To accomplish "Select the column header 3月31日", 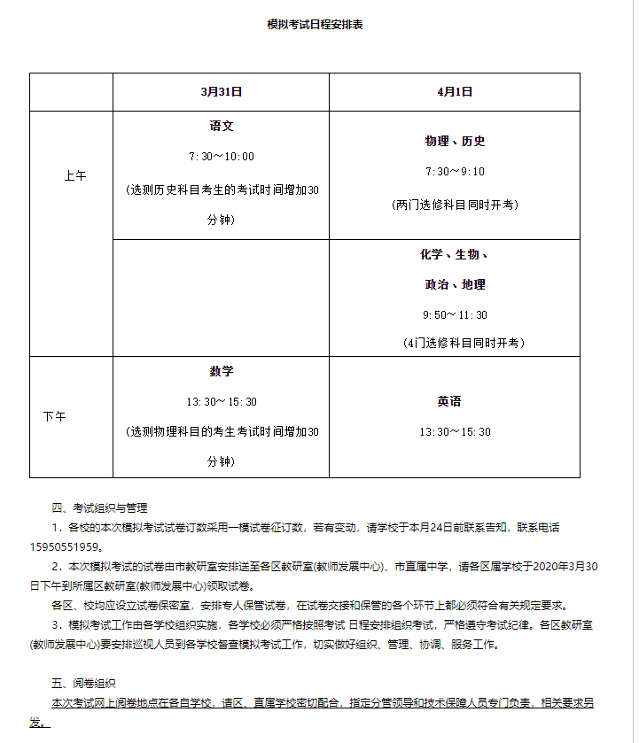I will [221, 91].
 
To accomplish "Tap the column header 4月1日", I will [454, 91].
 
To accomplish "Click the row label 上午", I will [74, 175].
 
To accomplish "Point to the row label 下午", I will [54, 416].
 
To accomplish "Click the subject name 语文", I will [221, 127].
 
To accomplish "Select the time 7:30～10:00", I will [221, 157].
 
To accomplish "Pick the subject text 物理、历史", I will [455, 141].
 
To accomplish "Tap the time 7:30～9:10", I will [455, 172].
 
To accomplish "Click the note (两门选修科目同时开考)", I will [455, 205].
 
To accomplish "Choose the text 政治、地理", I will [455, 284].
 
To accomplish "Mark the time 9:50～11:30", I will [455, 315].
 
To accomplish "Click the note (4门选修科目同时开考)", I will [455, 343].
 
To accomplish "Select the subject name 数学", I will [221, 371].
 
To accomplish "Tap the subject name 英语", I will [448, 401].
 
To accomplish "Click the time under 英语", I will [455, 432].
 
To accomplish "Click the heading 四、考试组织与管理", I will [99, 507].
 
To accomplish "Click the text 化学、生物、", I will [455, 255].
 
